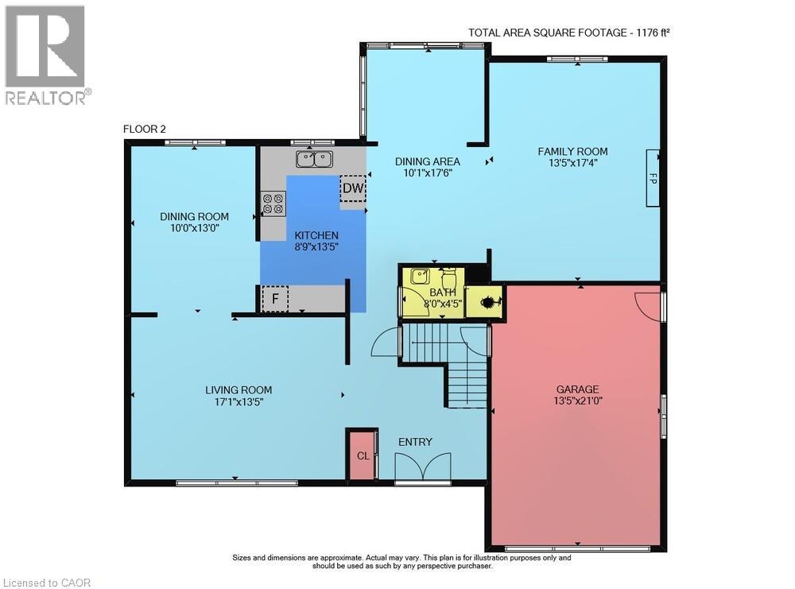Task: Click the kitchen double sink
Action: [314, 159]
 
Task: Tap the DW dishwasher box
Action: [352, 188]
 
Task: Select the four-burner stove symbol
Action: [273, 203]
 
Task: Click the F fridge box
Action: [275, 299]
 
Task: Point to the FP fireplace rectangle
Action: [653, 178]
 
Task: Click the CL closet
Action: [363, 455]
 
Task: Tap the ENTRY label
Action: [415, 442]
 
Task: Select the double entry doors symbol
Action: [423, 466]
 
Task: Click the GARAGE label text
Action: [577, 389]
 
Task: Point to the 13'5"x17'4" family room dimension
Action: [572, 163]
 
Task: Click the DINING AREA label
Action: [428, 161]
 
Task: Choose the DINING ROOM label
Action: [194, 216]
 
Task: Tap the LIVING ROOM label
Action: [238, 389]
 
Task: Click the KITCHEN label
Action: [316, 235]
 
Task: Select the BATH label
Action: [442, 293]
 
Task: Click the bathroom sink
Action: [420, 277]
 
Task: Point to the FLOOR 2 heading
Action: [145, 130]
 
